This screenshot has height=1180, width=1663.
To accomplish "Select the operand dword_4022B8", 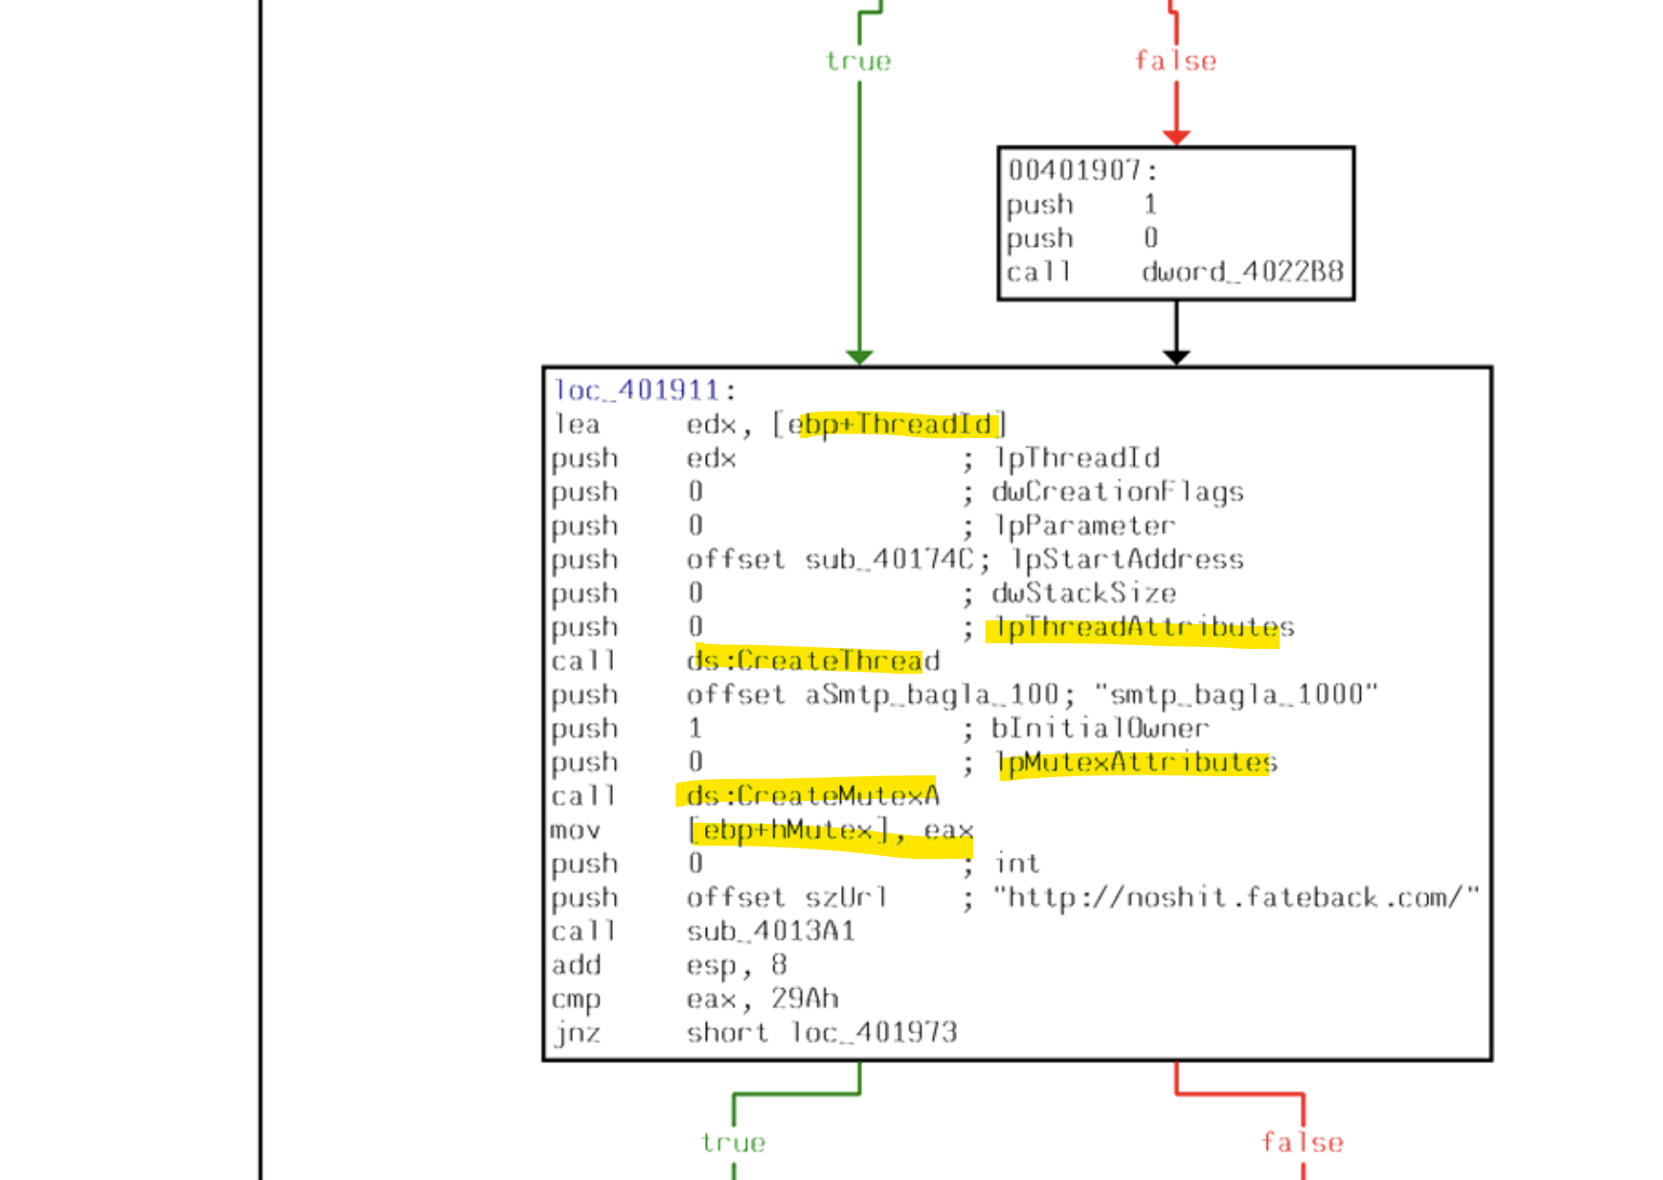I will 1242,273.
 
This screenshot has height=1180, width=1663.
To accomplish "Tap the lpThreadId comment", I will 1077,458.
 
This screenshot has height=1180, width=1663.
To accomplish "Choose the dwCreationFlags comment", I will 1118,492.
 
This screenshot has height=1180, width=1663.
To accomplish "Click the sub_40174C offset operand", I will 889,560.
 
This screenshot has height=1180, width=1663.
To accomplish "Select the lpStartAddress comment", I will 1128,560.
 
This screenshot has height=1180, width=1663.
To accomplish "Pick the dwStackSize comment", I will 1084,594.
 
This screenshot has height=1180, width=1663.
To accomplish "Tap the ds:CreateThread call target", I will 813,661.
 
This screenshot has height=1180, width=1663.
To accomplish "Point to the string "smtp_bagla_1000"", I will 1235,695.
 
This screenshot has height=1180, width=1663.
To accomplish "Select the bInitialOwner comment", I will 1100,729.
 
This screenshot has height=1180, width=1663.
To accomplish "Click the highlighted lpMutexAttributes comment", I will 1136,763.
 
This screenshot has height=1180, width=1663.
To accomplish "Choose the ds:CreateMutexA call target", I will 813,796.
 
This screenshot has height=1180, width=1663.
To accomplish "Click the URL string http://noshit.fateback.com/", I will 1236,898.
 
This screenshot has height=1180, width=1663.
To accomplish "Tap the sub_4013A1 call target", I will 771,932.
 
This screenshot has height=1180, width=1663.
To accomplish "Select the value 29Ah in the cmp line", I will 804,999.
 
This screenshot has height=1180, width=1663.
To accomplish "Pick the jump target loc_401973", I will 873,1033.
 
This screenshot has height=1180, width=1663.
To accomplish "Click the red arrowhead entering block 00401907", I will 1176,138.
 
